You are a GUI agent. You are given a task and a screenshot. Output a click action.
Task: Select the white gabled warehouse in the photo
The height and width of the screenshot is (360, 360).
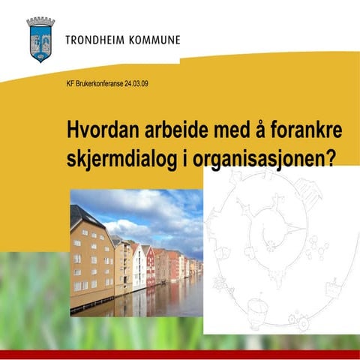click(x=139, y=266)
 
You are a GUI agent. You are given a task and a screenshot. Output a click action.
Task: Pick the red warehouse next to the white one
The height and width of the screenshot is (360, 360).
click(x=150, y=267)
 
